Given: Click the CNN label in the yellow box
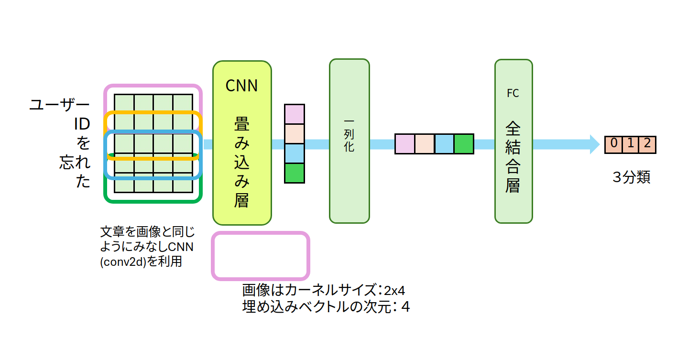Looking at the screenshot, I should tap(241, 86).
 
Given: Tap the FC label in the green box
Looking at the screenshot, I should tap(513, 93).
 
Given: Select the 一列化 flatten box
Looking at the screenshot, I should tap(349, 141).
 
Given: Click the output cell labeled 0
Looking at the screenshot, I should tap(614, 144).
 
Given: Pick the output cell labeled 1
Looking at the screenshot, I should tap(630, 144).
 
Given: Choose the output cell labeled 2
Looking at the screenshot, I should tap(647, 144).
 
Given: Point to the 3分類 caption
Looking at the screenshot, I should tap(631, 177).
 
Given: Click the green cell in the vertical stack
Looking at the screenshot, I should tap(294, 173).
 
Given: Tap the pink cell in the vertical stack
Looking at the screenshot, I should tap(294, 114).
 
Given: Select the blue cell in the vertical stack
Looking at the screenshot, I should tap(294, 153).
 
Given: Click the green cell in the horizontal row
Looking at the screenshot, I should tap(463, 144).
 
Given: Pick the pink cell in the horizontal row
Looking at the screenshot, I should tap(404, 144).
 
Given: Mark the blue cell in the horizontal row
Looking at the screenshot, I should tap(444, 144).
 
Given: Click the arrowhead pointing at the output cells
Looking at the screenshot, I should tap(594, 144).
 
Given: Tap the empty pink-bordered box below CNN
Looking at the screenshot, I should tap(261, 256).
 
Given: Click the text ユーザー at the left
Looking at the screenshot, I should tap(59, 105).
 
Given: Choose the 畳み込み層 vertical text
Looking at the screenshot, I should tap(241, 163).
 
